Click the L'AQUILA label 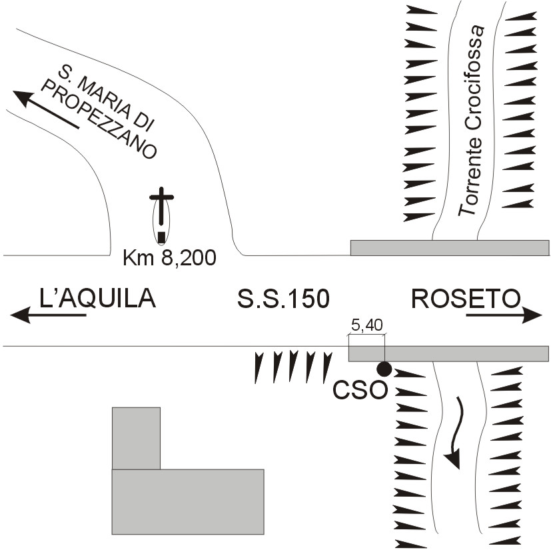pyautogui.click(x=97, y=299)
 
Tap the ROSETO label pyautogui.click(x=466, y=299)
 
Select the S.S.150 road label pyautogui.click(x=284, y=299)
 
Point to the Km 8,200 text pyautogui.click(x=169, y=258)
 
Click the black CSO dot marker pyautogui.click(x=384, y=369)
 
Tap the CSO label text pyautogui.click(x=360, y=390)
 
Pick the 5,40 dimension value pyautogui.click(x=367, y=325)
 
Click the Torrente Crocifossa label pyautogui.click(x=472, y=120)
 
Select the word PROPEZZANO pyautogui.click(x=99, y=118)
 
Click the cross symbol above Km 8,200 pyautogui.click(x=161, y=206)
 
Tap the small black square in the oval pyautogui.click(x=161, y=237)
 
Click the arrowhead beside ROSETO pyautogui.click(x=532, y=315)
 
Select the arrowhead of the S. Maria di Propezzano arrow pyautogui.click(x=24, y=99)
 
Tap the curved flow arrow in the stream pyautogui.click(x=454, y=433)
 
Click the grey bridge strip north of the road pyautogui.click(x=450, y=248)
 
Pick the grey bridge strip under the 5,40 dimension pyautogui.click(x=448, y=354)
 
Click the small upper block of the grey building pyautogui.click(x=136, y=438)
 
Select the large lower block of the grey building pyautogui.click(x=188, y=501)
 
